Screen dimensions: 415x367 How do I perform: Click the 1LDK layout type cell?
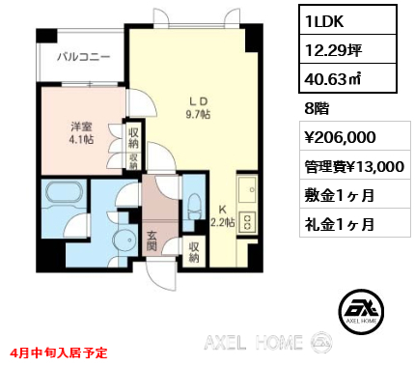click(x=347, y=20)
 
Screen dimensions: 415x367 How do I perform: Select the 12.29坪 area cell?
click(x=347, y=49)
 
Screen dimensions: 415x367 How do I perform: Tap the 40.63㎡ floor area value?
click(x=347, y=78)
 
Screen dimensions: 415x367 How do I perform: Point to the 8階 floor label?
click(x=317, y=109)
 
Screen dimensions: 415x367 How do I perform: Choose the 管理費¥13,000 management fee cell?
click(x=355, y=165)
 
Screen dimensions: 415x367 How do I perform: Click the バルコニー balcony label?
click(x=84, y=57)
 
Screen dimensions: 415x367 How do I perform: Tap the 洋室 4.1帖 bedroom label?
click(x=82, y=132)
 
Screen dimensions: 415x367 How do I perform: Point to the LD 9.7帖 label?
click(x=198, y=108)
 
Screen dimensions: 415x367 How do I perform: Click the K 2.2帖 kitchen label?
click(x=222, y=216)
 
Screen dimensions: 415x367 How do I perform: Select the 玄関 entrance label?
click(x=152, y=241)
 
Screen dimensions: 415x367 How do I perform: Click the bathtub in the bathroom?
click(x=65, y=192)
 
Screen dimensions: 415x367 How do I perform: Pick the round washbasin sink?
click(x=124, y=240)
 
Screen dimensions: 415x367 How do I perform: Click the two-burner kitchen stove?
click(x=247, y=222)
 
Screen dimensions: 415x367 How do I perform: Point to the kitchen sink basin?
click(x=247, y=189)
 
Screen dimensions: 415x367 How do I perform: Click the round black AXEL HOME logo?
click(x=361, y=311)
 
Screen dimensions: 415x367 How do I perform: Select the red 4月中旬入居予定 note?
click(x=58, y=353)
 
